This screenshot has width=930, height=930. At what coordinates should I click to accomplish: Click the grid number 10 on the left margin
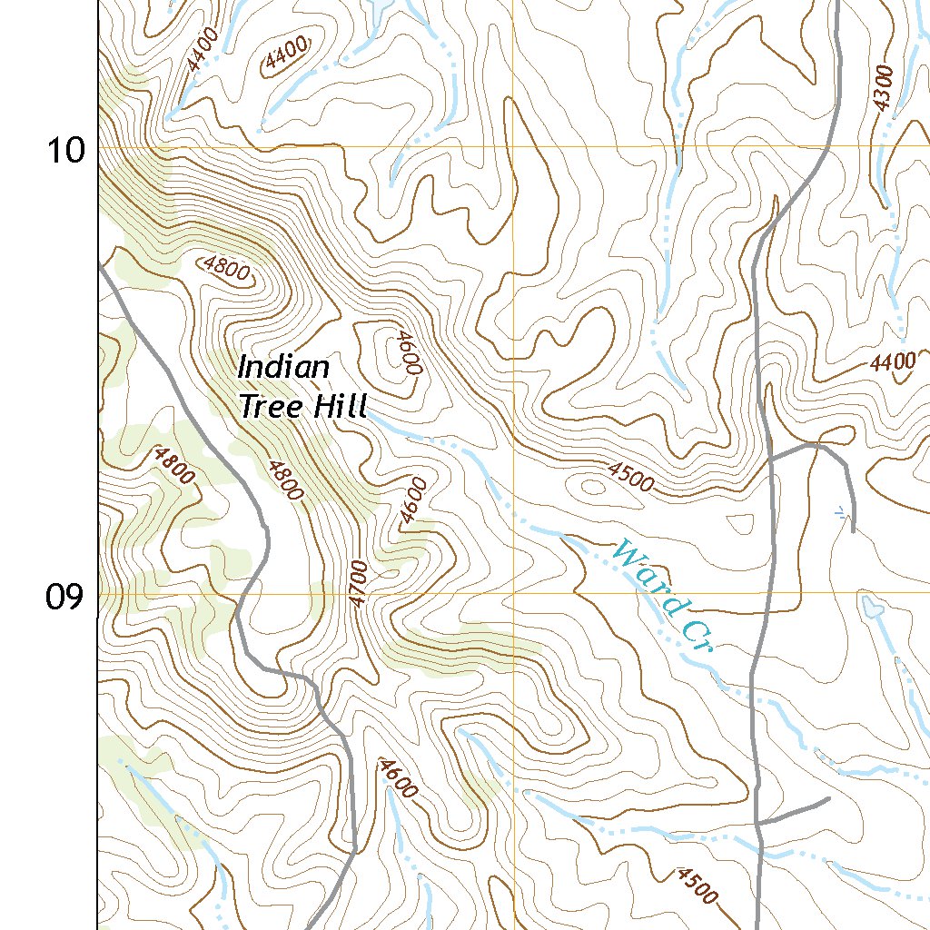[65, 149]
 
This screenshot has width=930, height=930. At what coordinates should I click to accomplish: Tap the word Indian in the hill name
[283, 368]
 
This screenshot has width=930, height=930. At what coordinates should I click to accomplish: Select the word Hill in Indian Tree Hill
[338, 406]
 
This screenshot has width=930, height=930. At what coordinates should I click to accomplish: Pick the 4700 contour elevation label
[358, 584]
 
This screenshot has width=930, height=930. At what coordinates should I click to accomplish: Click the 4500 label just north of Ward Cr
[630, 476]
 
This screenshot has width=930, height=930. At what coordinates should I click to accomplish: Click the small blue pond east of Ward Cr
[872, 607]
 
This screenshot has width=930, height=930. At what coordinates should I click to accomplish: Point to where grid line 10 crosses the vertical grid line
[513, 145]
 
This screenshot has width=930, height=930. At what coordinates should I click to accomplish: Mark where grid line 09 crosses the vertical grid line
[513, 593]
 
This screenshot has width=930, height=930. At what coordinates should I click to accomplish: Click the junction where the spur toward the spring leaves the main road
[770, 460]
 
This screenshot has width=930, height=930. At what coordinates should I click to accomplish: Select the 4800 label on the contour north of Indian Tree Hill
[225, 270]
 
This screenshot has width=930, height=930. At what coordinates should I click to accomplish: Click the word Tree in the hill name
[271, 406]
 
